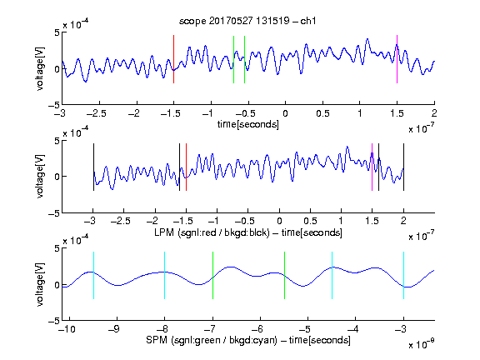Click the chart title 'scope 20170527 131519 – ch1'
[247, 21]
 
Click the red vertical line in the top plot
[173, 59]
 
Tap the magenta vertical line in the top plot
[397, 59]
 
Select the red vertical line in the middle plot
[186, 167]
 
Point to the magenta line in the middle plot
[372, 167]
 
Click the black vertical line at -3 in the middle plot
[93, 167]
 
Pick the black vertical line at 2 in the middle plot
[403, 167]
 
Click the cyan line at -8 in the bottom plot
[165, 275]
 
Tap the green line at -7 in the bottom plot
[212, 275]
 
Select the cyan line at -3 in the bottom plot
[404, 275]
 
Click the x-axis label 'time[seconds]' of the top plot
[248, 125]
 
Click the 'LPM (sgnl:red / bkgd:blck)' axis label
[212, 232]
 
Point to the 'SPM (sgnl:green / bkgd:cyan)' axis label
[212, 340]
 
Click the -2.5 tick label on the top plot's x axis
[97, 113]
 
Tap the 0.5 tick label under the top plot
[322, 113]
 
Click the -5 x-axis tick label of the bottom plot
[305, 329]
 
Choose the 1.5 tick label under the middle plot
[372, 221]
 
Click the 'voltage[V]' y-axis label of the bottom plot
[40, 284]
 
